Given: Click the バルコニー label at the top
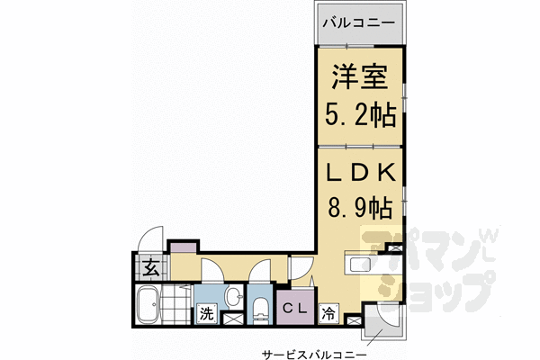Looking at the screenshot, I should coord(360,20).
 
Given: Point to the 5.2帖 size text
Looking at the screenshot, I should coord(359,117).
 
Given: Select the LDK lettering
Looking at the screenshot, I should coord(359,172).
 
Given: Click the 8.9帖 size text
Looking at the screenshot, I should coord(359,208).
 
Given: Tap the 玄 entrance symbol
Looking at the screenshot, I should coord(149,267).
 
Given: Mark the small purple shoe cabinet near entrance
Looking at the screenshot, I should coord(183,246).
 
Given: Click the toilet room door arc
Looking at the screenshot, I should coord(264,270).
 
